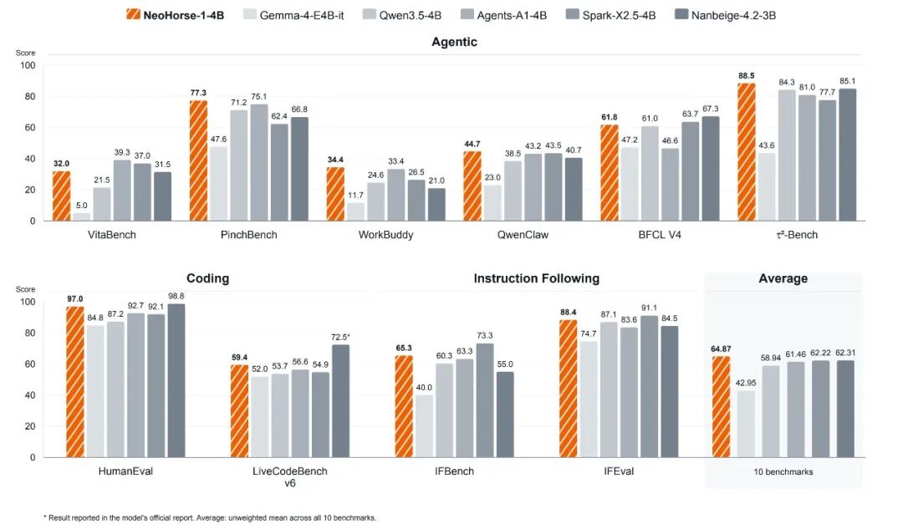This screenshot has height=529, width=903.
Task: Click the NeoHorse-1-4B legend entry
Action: pyautogui.click(x=175, y=15)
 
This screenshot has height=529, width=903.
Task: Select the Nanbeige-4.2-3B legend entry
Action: pyautogui.click(x=725, y=15)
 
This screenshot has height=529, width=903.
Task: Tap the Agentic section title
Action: pyautogui.click(x=454, y=42)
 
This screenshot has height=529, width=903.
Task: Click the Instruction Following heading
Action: pyautogui.click(x=536, y=278)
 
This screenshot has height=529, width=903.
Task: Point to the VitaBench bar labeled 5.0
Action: pyautogui.click(x=82, y=217)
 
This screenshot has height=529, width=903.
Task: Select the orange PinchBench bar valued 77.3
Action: pyautogui.click(x=198, y=160)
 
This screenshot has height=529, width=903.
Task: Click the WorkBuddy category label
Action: pyautogui.click(x=385, y=235)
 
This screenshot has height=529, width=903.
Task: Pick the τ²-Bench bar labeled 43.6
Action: pyautogui.click(x=767, y=187)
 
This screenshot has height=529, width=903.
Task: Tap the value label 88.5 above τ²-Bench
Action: pyautogui.click(x=746, y=75)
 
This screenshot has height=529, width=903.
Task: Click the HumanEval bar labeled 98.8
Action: pyautogui.click(x=176, y=380)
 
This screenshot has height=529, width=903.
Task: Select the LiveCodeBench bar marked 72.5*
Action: pyautogui.click(x=340, y=401)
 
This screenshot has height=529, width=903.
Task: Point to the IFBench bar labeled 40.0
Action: pyautogui.click(x=424, y=426)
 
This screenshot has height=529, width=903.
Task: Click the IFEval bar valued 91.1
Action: pyautogui.click(x=649, y=387)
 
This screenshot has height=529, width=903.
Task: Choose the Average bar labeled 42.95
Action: pyautogui.click(x=746, y=425)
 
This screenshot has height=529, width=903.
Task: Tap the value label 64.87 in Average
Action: pyautogui.click(x=721, y=348)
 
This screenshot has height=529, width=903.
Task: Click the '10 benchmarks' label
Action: pyautogui.click(x=783, y=471)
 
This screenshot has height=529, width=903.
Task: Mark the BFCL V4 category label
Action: pyautogui.click(x=660, y=235)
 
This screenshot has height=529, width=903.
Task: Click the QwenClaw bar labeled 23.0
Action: pyautogui.click(x=492, y=203)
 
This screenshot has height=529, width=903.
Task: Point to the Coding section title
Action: pyautogui.click(x=208, y=278)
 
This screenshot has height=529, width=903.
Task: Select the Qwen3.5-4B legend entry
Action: pyautogui.click(x=401, y=15)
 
